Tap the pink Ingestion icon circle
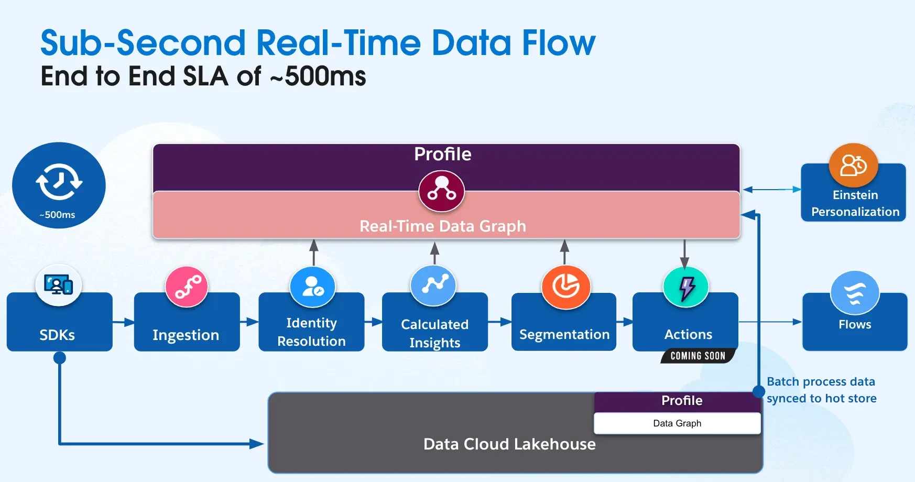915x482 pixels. click(x=187, y=287)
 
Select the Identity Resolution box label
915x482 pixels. click(x=311, y=332)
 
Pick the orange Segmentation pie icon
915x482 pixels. click(x=566, y=287)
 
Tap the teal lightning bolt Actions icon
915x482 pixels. click(x=686, y=287)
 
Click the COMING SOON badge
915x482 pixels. click(x=698, y=356)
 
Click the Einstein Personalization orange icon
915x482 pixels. click(x=853, y=166)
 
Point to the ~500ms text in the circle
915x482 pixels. click(x=58, y=215)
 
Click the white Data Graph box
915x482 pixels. click(x=677, y=423)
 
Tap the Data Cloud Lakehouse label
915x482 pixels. click(x=509, y=444)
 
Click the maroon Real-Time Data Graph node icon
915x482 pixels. click(x=441, y=191)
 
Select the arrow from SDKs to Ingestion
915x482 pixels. click(x=124, y=322)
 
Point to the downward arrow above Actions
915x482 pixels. click(x=684, y=254)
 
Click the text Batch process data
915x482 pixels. click(x=821, y=381)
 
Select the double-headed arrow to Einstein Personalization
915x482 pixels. click(x=771, y=190)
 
